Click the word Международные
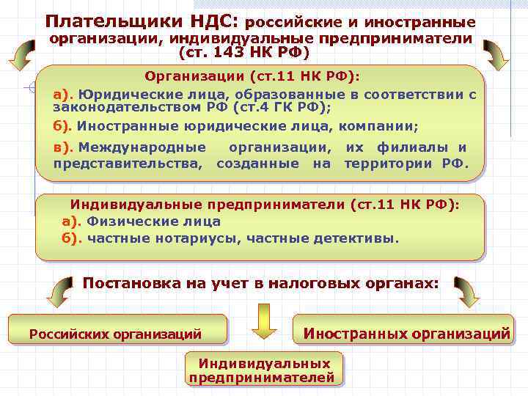(142, 147)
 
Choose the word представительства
(128, 163)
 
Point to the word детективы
(356, 238)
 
